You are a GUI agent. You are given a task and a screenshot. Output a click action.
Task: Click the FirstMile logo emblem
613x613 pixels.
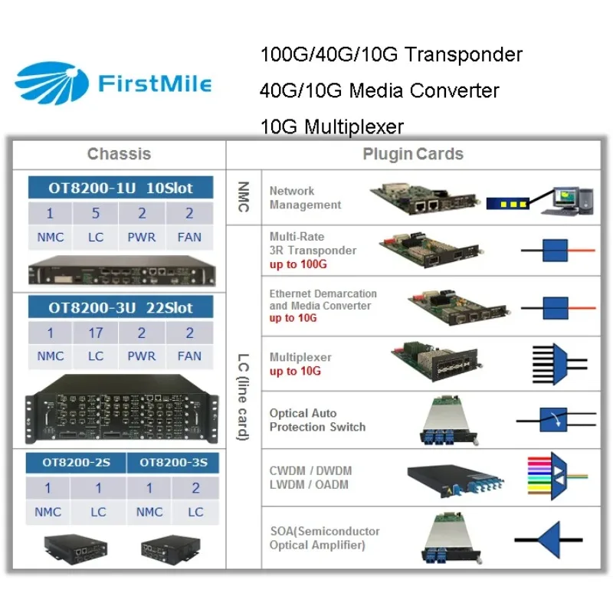coord(51,84)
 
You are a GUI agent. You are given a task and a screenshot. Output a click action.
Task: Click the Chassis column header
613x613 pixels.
coord(120,154)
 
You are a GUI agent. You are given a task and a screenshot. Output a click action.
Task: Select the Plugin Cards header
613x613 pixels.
coord(413,154)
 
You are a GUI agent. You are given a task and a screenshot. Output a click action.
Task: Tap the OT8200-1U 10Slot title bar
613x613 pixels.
coord(120,188)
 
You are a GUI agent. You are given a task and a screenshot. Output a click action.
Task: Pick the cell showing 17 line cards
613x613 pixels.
coord(95,333)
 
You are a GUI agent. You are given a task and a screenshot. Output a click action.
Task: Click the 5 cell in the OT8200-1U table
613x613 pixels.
coord(95,214)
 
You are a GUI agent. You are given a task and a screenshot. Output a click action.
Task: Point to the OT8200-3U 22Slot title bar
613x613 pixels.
coord(120,307)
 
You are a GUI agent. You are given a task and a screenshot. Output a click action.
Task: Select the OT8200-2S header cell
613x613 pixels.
coord(76,463)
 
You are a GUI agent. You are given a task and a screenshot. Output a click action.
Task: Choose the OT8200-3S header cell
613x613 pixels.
coord(173,463)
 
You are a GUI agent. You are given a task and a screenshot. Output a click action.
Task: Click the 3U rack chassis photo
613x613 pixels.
coord(121,409)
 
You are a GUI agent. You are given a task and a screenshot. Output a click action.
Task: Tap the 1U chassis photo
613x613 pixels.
coord(122,270)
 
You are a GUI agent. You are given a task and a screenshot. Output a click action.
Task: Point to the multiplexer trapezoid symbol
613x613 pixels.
coord(559,365)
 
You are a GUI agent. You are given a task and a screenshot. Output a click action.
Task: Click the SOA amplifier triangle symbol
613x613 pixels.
coord(549,540)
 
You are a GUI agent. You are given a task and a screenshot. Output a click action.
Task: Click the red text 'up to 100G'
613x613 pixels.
coord(298,264)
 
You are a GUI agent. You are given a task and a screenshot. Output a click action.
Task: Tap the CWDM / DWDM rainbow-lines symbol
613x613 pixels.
coord(557,476)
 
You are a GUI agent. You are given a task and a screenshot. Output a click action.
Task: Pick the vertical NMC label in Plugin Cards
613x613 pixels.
coord(243,197)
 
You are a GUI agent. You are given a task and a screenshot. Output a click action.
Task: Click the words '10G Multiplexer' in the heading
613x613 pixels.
coord(332,127)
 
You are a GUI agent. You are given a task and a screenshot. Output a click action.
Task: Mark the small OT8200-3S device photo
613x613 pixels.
coord(171,549)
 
